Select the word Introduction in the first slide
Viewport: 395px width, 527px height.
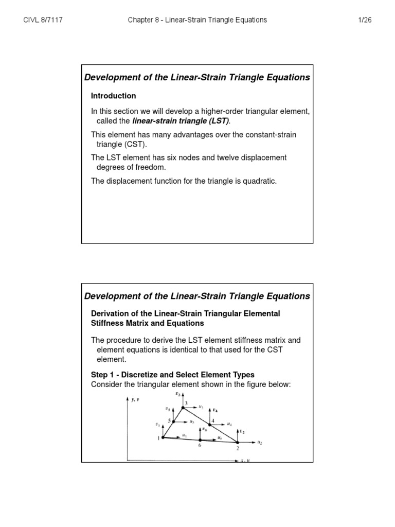[113, 96]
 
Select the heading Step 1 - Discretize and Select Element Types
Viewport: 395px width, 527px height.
[172, 375]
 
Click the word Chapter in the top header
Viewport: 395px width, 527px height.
[141, 20]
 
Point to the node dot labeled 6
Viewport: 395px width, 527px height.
[200, 440]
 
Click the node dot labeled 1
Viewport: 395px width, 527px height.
[163, 437]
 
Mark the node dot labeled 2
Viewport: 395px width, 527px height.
[238, 442]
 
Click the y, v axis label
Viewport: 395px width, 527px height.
[135, 399]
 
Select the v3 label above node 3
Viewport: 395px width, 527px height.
[178, 394]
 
